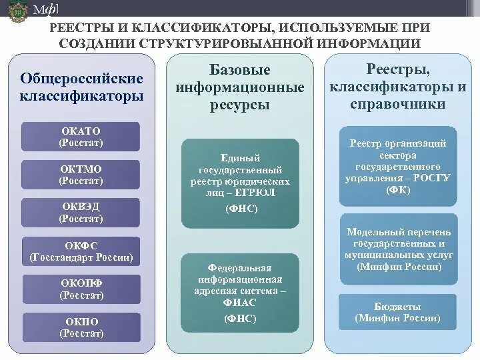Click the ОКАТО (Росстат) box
click(81, 137)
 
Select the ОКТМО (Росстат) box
click(81, 175)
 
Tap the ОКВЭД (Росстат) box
click(81, 213)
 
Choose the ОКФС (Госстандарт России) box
click(81, 251)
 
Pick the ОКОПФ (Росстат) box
click(81, 289)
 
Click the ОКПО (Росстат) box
click(81, 327)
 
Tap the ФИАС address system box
click(240, 291)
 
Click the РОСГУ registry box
click(398, 166)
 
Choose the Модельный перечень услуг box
click(398, 249)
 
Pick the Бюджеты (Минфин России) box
click(398, 312)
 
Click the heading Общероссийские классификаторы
click(81, 87)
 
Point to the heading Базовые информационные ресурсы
click(240, 87)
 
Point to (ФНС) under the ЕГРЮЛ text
click(241, 209)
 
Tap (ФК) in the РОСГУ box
click(398, 190)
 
